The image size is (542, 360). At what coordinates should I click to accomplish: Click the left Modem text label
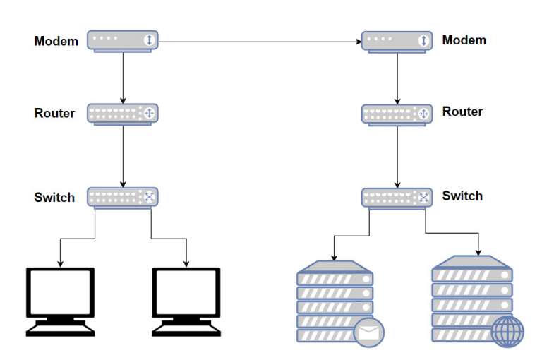(56, 41)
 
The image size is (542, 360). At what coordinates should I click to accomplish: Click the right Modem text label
(464, 40)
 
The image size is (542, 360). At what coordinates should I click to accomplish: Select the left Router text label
(54, 113)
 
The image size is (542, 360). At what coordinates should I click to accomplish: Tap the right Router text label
(462, 112)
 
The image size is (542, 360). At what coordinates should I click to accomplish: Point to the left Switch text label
(54, 198)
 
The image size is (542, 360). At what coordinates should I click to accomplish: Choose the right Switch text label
(462, 196)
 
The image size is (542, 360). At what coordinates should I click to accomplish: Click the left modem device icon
(123, 40)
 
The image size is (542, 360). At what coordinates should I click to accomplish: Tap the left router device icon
(123, 114)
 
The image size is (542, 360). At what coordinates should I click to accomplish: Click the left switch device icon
(123, 197)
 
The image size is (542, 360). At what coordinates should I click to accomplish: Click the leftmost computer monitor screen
(59, 292)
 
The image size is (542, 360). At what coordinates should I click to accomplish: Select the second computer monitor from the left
(186, 292)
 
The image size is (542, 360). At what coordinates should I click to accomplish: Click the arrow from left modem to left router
(124, 77)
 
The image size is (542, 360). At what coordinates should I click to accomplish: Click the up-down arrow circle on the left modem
(149, 40)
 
